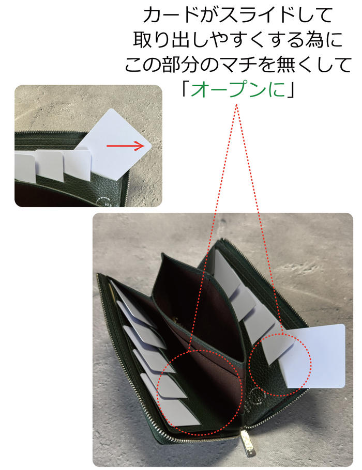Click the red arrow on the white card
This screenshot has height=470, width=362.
tap(126, 146)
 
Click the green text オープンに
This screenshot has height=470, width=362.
tap(238, 89)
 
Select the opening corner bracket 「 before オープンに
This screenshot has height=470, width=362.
tap(186, 89)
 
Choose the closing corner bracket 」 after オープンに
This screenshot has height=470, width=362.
tap(290, 89)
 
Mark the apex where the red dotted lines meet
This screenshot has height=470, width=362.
tap(237, 104)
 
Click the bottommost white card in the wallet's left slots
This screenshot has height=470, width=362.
tap(179, 411)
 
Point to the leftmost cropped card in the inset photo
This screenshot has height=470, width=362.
tap(25, 167)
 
